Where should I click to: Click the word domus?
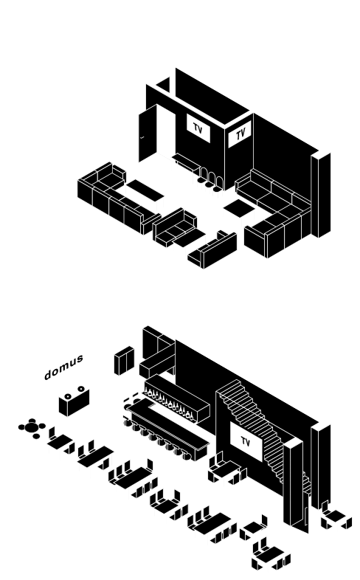pyautogui.click(x=63, y=367)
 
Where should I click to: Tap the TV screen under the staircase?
pyautogui.click(x=246, y=442)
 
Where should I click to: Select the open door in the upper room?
pyautogui.click(x=148, y=133)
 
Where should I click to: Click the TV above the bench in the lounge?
pyautogui.click(x=198, y=128)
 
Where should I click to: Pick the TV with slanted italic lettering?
pyautogui.click(x=240, y=134)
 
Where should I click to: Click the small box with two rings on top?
pyautogui.click(x=74, y=401)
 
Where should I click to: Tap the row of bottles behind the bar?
pyautogui.click(x=168, y=403)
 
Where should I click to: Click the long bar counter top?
pyautogui.click(x=168, y=424)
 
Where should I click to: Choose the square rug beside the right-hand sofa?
pyautogui.click(x=239, y=208)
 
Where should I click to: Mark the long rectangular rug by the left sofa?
pyautogui.click(x=145, y=190)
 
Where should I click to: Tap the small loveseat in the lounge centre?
pyautogui.click(x=174, y=227)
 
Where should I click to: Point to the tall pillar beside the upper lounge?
pyautogui.click(x=321, y=195)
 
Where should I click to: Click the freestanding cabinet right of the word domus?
pyautogui.click(x=124, y=361)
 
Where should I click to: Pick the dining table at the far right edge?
pyautogui.click(x=336, y=516)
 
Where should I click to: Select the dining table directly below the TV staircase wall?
pyautogui.click(x=226, y=469)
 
